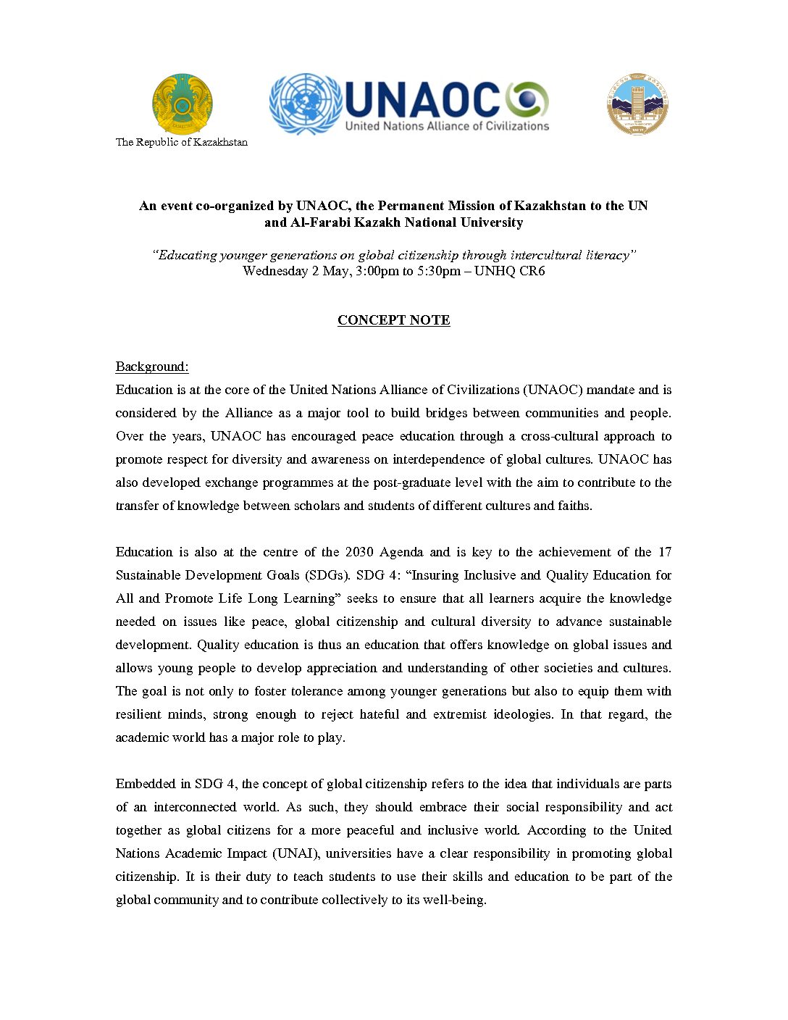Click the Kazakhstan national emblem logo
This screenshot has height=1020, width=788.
pyautogui.click(x=182, y=104)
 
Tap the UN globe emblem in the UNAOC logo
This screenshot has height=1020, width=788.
pyautogui.click(x=305, y=104)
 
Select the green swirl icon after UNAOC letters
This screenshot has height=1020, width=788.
pyautogui.click(x=527, y=100)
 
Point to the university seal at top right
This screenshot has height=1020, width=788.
pyautogui.click(x=637, y=104)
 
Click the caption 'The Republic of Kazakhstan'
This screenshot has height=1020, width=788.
pyautogui.click(x=182, y=142)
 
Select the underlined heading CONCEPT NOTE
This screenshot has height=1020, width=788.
pyautogui.click(x=394, y=320)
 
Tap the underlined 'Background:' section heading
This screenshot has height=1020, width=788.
pyautogui.click(x=152, y=367)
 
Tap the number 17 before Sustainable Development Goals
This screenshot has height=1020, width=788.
pyautogui.click(x=664, y=552)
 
